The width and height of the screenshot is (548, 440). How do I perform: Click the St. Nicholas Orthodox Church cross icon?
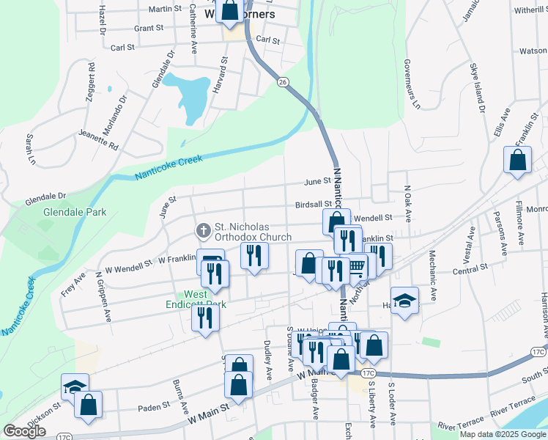pyautogui.click(x=203, y=231)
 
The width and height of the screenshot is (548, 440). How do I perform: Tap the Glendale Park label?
pyautogui.click(x=75, y=212)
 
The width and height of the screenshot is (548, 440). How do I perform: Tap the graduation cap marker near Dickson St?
pyautogui.click(x=75, y=386)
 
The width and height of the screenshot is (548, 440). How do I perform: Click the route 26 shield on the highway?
pyautogui.click(x=282, y=82)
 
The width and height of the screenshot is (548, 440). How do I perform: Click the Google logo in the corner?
pyautogui.click(x=24, y=431)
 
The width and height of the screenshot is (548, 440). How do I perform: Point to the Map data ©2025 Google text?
pyautogui.click(x=503, y=434)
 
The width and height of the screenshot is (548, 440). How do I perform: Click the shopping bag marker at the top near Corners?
pyautogui.click(x=230, y=10)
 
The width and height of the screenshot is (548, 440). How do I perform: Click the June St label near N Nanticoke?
pyautogui.click(x=318, y=181)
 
